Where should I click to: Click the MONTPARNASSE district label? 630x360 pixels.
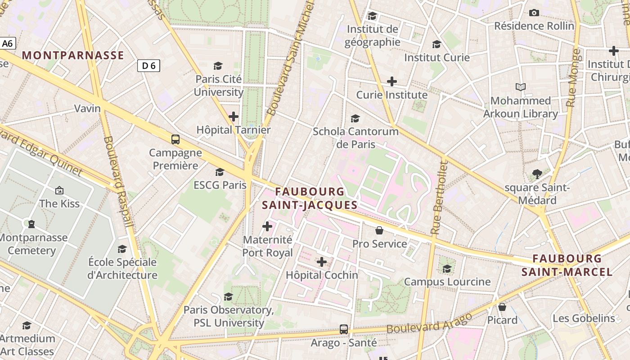click(x=73, y=55)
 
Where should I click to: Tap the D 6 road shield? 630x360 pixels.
click(x=148, y=66)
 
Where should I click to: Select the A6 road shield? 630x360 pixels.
click(x=8, y=44)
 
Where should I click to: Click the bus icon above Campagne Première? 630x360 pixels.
click(x=175, y=139)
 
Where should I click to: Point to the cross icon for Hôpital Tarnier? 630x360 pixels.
click(x=234, y=117)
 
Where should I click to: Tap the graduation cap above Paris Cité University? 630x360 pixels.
click(x=218, y=66)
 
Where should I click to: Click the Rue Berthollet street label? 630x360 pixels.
click(x=439, y=198)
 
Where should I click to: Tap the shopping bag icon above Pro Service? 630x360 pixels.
click(x=379, y=230)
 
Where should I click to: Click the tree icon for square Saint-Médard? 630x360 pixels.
click(x=537, y=174)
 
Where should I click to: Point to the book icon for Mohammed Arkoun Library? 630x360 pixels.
click(x=521, y=87)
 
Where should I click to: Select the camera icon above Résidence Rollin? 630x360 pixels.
click(x=534, y=13)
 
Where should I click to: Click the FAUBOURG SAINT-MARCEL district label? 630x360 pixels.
click(x=567, y=265)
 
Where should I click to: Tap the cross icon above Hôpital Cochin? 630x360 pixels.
click(x=322, y=262)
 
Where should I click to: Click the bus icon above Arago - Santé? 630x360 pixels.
click(x=344, y=329)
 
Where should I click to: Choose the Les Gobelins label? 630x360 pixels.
click(x=584, y=318)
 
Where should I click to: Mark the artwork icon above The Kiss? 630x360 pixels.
click(x=59, y=190)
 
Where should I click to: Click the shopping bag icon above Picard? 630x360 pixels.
click(x=502, y=307)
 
